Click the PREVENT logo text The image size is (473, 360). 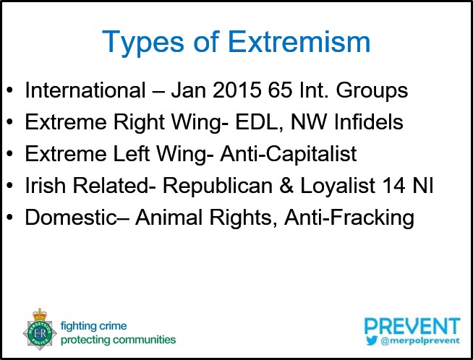pyautogui.click(x=412, y=325)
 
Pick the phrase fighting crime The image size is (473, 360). pyautogui.click(x=92, y=325)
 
